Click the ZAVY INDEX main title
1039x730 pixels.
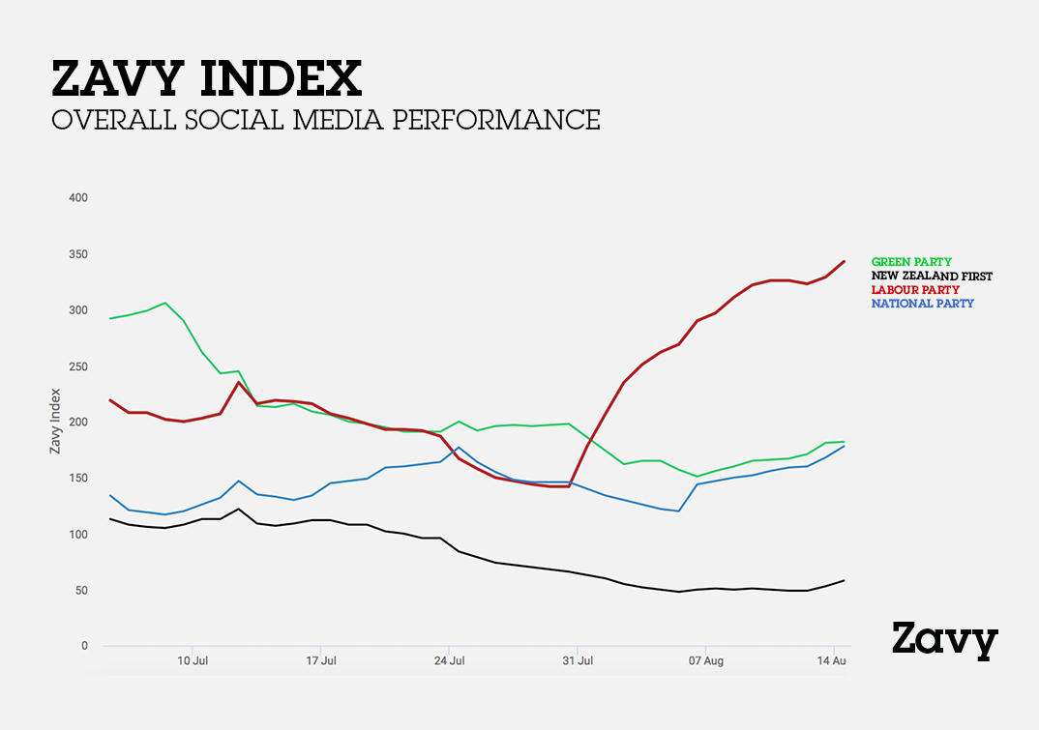coord(206,79)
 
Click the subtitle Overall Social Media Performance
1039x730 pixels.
coord(326,120)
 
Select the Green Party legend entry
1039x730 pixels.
coord(911,262)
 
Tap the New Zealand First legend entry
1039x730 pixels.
coord(932,276)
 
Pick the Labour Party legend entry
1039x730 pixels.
coord(915,290)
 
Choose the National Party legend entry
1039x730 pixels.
coord(922,304)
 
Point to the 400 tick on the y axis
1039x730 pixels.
coord(77,198)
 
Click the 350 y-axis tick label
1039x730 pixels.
coord(77,254)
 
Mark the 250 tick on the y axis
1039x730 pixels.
coord(77,366)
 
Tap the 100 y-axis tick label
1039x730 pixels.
coord(77,535)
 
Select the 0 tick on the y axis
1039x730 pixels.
coord(84,646)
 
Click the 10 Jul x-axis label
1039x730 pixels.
coord(193,662)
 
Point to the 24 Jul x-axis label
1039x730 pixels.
coord(449,662)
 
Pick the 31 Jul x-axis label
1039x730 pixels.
coord(578,662)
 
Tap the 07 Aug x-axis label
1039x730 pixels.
coord(706,662)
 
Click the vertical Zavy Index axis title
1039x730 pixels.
coord(55,422)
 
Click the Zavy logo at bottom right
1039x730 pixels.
coord(943,640)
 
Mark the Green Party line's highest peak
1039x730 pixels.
coord(165,303)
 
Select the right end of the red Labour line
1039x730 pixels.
coord(845,261)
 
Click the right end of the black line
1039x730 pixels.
coord(845,580)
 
